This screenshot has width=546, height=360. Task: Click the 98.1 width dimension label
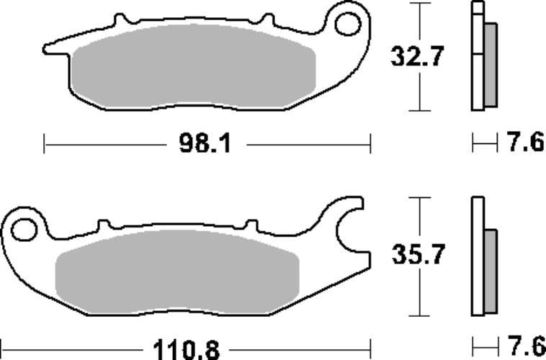pyautogui.click(x=205, y=143)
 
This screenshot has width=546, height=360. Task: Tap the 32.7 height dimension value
pyautogui.click(x=417, y=56)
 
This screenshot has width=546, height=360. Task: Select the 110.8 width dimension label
pyautogui.click(x=187, y=350)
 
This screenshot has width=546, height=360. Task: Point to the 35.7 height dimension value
pyautogui.click(x=418, y=254)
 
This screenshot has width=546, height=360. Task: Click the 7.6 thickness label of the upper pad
pyautogui.click(x=526, y=142)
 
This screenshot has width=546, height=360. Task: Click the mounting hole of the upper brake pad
pyautogui.click(x=347, y=24)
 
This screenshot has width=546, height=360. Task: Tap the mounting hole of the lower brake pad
pyautogui.click(x=24, y=230)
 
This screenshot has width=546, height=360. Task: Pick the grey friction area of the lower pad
pyautogui.click(x=177, y=271)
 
